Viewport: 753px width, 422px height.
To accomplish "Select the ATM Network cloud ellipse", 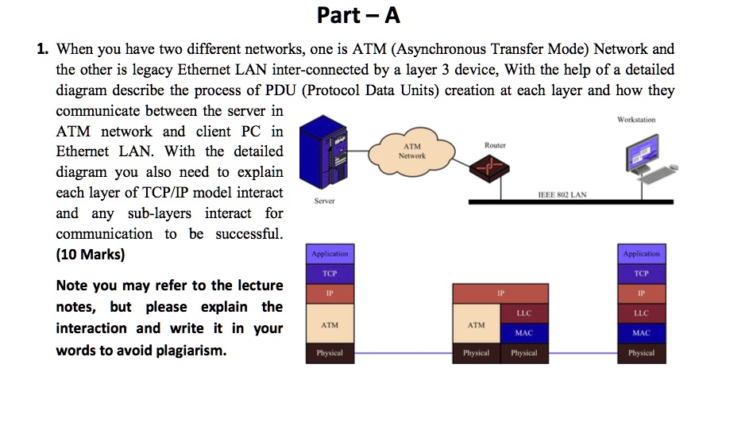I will coord(413,151).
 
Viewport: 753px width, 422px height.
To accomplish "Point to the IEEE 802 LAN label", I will coord(562,194).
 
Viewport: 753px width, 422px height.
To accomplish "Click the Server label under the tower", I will coord(324,201).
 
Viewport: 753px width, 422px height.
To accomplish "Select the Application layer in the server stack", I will coord(330,254).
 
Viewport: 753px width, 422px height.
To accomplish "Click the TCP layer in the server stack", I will coord(330,273).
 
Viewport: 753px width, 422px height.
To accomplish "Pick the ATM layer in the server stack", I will coord(330,324).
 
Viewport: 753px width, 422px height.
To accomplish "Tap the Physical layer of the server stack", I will coord(330,353).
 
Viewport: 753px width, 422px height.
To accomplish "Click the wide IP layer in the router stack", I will coord(500,293).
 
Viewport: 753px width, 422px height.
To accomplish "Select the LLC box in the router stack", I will coord(523,313).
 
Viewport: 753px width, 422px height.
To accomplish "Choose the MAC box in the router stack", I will coord(523,333).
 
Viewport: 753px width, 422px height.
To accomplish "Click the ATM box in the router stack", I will coord(476,324).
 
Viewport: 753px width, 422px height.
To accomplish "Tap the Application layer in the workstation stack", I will coord(641,254).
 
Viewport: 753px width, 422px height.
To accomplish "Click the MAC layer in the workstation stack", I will coord(641,333).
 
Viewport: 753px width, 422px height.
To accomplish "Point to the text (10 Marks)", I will coord(90,255).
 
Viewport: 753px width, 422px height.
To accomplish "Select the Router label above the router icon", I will coord(494,145).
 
